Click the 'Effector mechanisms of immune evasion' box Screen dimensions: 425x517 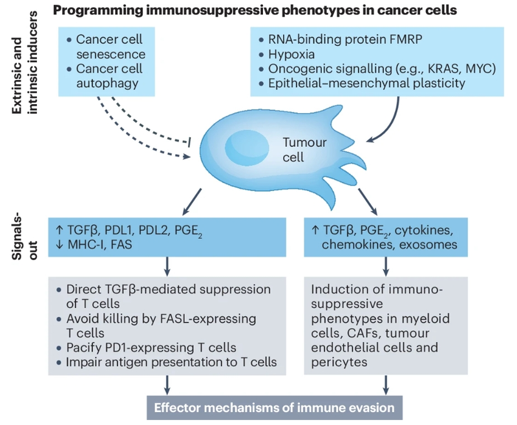[x=274, y=407]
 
